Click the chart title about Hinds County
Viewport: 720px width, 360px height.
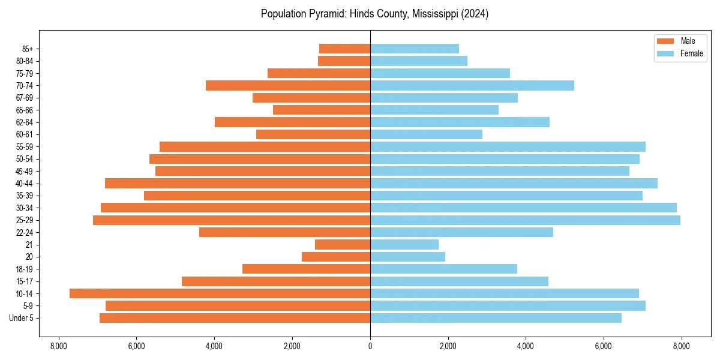pyautogui.click(x=374, y=14)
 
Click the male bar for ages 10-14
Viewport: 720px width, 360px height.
pyautogui.click(x=220, y=293)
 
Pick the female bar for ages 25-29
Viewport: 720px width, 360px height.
pyautogui.click(x=525, y=220)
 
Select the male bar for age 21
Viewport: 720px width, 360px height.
pyautogui.click(x=343, y=244)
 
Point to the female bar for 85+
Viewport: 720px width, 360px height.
pyautogui.click(x=415, y=49)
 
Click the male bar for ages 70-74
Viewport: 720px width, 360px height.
pyautogui.click(x=288, y=85)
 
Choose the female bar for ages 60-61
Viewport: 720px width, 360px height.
pyautogui.click(x=426, y=134)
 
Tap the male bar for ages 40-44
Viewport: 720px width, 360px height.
pyautogui.click(x=238, y=183)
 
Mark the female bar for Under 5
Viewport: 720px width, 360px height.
pyautogui.click(x=496, y=318)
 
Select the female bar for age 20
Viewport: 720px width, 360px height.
pyautogui.click(x=407, y=257)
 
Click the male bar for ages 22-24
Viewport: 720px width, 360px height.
pyautogui.click(x=284, y=232)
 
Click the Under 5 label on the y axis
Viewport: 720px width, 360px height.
pyautogui.click(x=21, y=318)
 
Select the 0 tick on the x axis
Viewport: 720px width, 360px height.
pyautogui.click(x=370, y=346)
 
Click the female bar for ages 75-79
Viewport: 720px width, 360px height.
pyautogui.click(x=440, y=73)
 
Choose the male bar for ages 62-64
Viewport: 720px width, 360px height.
pyautogui.click(x=292, y=122)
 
